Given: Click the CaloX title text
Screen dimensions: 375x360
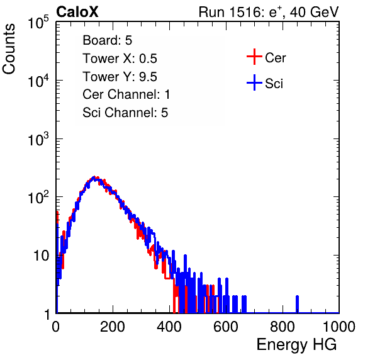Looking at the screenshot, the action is click(77, 12).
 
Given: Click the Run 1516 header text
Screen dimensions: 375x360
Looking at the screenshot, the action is click(269, 12).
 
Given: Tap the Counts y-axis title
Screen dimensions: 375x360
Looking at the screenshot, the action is click(9, 49).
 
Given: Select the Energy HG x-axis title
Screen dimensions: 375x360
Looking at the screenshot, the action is click(296, 344).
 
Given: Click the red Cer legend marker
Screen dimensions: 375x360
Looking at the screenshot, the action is click(254, 57).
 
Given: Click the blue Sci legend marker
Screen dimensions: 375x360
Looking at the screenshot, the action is click(254, 83).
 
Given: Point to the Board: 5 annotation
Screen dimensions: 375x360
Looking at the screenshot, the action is click(108, 40).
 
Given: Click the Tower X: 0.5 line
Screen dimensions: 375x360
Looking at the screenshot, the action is click(120, 59).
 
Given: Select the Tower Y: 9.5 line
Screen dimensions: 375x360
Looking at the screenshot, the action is click(120, 77).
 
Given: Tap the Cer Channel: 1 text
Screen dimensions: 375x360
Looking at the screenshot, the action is click(126, 94).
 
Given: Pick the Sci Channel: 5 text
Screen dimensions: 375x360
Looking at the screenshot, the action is click(125, 113).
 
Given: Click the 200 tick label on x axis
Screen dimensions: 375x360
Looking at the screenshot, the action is click(113, 327).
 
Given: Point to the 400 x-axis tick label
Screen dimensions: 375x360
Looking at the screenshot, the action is click(169, 327).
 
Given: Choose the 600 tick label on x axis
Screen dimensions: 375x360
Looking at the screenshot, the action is click(226, 327).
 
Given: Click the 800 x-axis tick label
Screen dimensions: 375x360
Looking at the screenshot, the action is click(283, 327).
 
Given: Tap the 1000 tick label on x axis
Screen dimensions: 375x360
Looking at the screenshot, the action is click(339, 327).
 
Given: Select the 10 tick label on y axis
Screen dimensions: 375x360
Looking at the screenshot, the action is click(42, 256).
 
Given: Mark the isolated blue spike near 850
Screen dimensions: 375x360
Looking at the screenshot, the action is click(297, 304).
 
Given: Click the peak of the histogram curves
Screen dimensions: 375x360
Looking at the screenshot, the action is click(94, 178).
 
